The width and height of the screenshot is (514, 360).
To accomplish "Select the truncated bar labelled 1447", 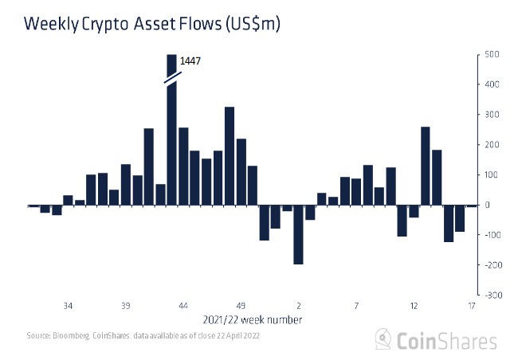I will [x=171, y=143].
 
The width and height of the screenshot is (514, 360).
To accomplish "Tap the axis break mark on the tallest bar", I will [x=171, y=78].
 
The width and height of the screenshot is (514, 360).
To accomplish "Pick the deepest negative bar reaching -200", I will [x=299, y=234].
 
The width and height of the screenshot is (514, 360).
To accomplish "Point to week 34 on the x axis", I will [x=69, y=306].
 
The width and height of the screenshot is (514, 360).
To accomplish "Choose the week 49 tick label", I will [x=241, y=306].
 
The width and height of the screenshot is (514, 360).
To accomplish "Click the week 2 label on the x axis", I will [x=299, y=306].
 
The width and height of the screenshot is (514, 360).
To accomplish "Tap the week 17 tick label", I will [x=472, y=306].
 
